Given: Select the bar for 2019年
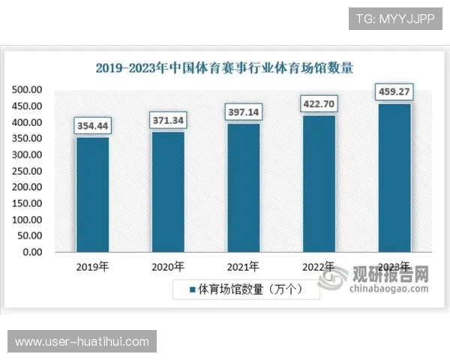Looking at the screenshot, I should pyautogui.click(x=92, y=195).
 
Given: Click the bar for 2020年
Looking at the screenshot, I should pyautogui.click(x=168, y=192).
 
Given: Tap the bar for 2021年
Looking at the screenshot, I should pyautogui.click(x=243, y=187).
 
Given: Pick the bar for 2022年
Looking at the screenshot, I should pyautogui.click(x=319, y=184).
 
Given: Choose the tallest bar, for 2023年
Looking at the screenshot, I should pyautogui.click(x=394, y=178).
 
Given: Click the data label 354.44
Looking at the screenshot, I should pyautogui.click(x=93, y=126).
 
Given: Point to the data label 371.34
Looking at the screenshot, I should pyautogui.click(x=168, y=120).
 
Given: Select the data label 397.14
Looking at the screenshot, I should pyautogui.click(x=243, y=112).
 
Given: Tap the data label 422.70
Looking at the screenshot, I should pyautogui.click(x=319, y=103).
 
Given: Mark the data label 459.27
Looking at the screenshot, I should pyautogui.click(x=394, y=92).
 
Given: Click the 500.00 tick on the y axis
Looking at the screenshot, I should pyautogui.click(x=27, y=90).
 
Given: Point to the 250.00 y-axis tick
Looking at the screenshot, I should pyautogui.click(x=27, y=171).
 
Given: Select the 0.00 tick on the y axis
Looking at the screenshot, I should pyautogui.click(x=32, y=252).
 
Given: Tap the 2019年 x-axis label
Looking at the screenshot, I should pyautogui.click(x=93, y=266).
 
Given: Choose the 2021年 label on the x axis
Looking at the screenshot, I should pyautogui.click(x=243, y=266).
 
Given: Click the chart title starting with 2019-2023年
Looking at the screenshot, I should pyautogui.click(x=224, y=67).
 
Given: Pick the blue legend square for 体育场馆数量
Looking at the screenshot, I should pyautogui.click(x=192, y=289).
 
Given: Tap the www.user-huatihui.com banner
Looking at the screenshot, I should pyautogui.click(x=82, y=342).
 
